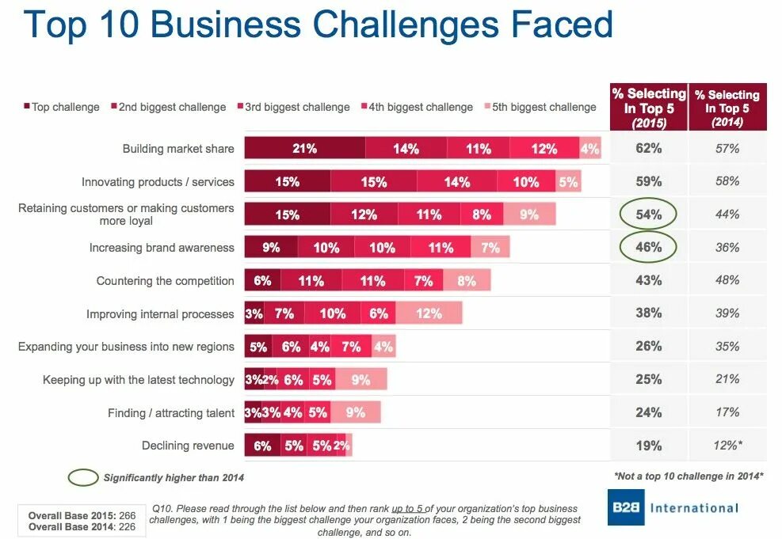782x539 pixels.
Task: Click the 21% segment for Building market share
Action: click(304, 148)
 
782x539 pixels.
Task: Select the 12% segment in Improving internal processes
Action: click(428, 313)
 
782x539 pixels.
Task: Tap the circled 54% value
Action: click(648, 214)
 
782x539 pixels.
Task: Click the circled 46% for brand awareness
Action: click(648, 248)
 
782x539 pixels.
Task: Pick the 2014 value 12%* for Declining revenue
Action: click(727, 446)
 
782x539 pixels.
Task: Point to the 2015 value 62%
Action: click(648, 148)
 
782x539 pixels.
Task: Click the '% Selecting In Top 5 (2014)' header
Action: click(727, 108)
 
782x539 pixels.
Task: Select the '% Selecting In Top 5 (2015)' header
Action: click(649, 108)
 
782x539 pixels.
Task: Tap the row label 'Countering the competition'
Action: click(165, 281)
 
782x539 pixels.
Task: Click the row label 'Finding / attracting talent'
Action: click(171, 413)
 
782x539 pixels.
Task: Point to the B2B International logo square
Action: click(626, 507)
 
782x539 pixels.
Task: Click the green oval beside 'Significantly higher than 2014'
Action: click(82, 477)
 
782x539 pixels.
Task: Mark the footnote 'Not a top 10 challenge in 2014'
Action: click(687, 476)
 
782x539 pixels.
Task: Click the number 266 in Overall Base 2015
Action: click(126, 516)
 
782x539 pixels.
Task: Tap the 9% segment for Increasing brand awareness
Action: click(271, 248)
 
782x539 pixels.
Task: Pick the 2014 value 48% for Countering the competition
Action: click(727, 280)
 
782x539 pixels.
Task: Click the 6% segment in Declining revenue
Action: click(262, 446)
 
